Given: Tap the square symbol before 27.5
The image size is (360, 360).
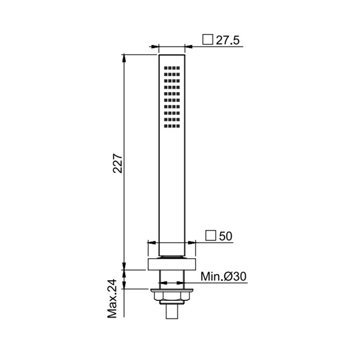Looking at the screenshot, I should (x=208, y=40).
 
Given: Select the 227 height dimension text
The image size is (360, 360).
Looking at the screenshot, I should (x=118, y=163).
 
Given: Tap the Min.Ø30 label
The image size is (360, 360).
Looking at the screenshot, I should (x=223, y=276).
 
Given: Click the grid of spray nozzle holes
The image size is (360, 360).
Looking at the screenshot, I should (x=172, y=97).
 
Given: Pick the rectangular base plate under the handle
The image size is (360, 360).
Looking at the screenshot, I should (x=172, y=264).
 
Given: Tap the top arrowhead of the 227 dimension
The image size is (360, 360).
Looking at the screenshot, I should (x=124, y=57).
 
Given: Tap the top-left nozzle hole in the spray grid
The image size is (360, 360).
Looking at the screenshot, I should (x=166, y=67).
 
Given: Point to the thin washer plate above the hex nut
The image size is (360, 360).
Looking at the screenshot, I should (x=172, y=290).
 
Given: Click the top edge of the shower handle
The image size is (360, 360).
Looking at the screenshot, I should (x=172, y=54).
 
